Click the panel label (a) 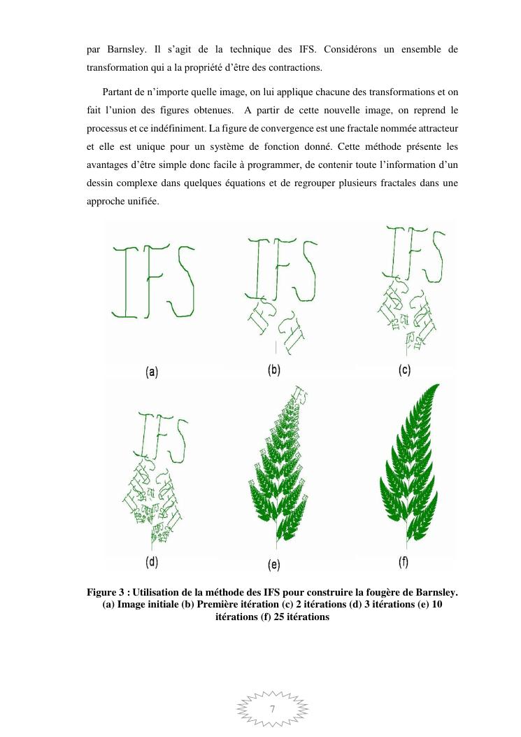point(152,372)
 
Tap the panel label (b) point(274,370)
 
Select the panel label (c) point(404,370)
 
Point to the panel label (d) point(152,561)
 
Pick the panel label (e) point(274,563)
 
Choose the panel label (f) point(404,561)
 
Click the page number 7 point(273,709)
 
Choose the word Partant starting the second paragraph point(119,92)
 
